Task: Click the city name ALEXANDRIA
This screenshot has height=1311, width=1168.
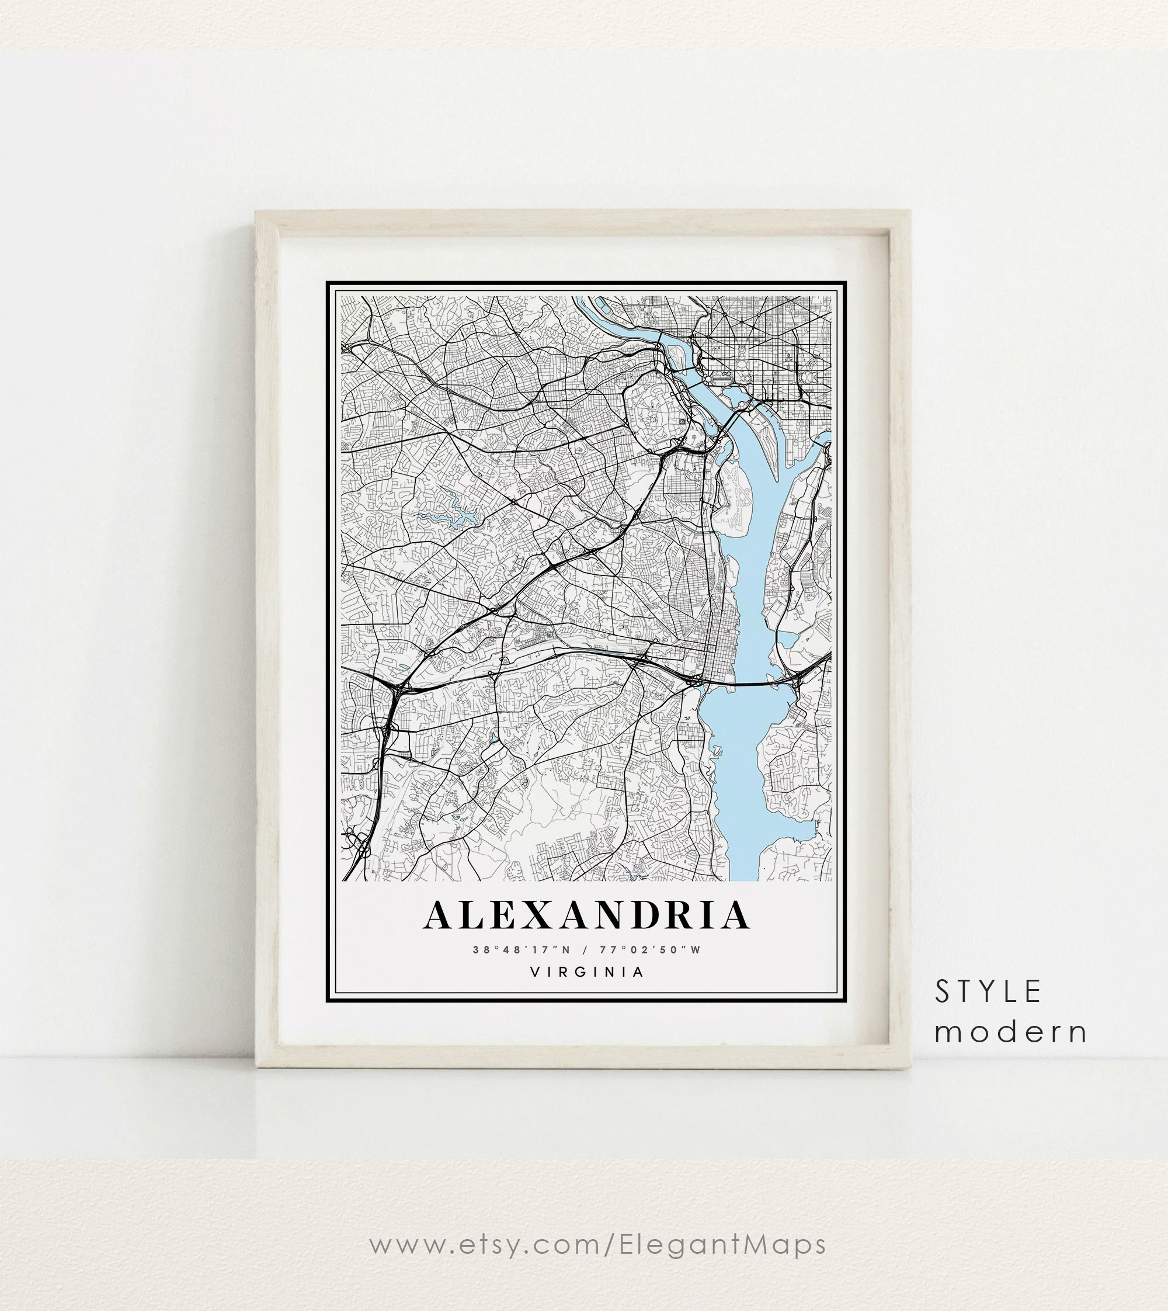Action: (586, 915)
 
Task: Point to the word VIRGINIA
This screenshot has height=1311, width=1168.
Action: (586, 972)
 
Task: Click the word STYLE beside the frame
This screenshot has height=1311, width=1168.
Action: (988, 992)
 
